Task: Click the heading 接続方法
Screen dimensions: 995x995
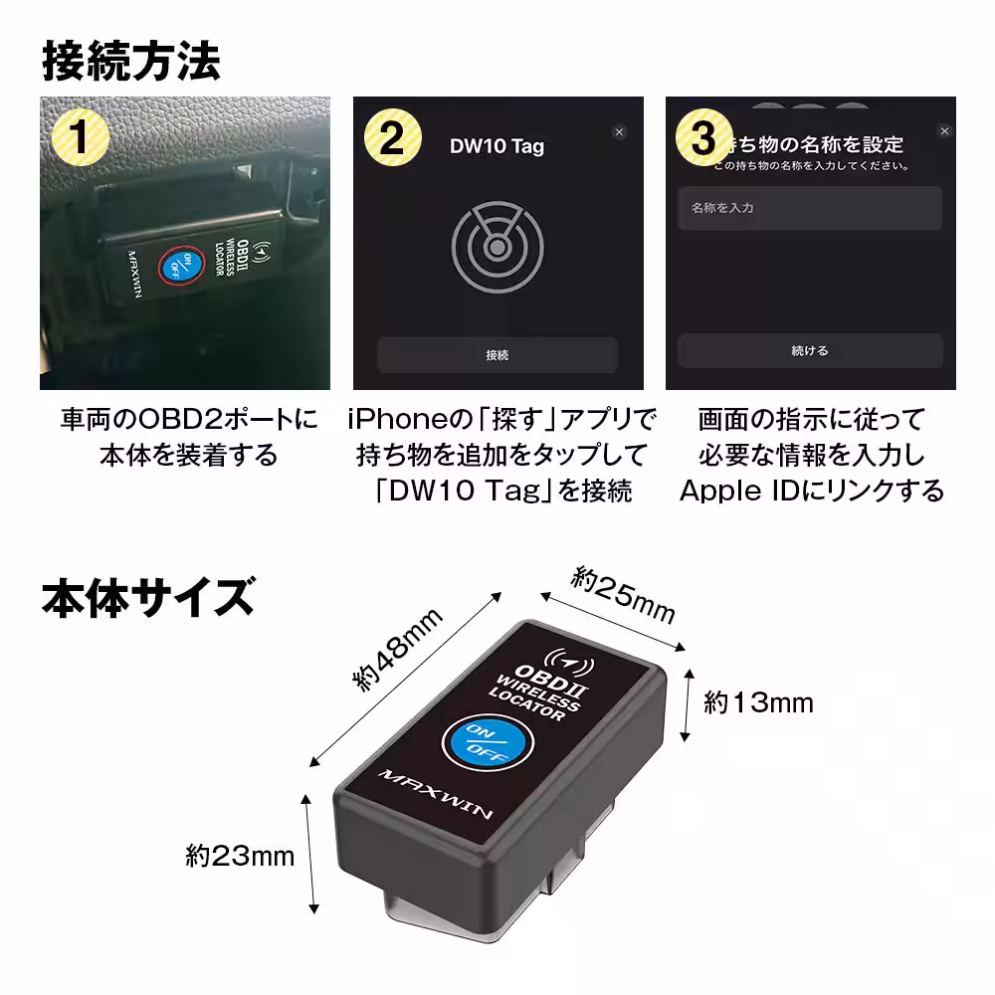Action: pyautogui.click(x=130, y=61)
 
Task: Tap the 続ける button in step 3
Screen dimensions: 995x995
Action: pyautogui.click(x=809, y=351)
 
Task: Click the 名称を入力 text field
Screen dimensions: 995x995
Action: pyautogui.click(x=809, y=209)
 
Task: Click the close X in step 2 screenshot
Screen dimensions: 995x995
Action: pyautogui.click(x=619, y=131)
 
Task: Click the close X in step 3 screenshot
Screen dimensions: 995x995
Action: pyautogui.click(x=944, y=131)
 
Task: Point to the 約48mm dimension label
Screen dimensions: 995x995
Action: pyautogui.click(x=398, y=651)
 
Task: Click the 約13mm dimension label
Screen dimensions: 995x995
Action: pyautogui.click(x=758, y=703)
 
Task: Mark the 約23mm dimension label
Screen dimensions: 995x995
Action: pyautogui.click(x=240, y=855)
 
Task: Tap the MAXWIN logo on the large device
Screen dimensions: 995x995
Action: pyautogui.click(x=437, y=795)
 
